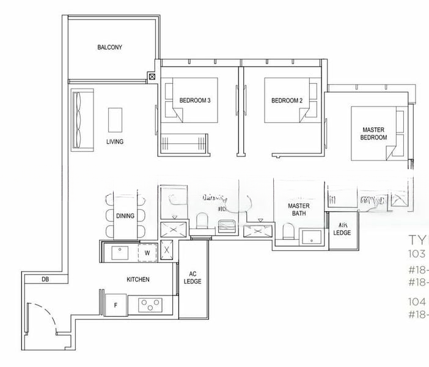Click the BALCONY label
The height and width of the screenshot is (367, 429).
tap(110, 47)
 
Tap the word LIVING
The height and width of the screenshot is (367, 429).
tap(114, 142)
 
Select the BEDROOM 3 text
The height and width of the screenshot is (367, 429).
tap(195, 100)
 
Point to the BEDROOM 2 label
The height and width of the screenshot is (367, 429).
tap(287, 100)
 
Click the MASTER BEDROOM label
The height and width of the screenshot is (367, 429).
tap(374, 134)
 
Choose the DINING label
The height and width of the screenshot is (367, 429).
tap(125, 216)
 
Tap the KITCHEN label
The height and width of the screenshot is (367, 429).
tap(138, 280)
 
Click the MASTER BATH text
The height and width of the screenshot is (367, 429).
tap(299, 210)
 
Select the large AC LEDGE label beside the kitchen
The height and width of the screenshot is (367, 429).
tap(193, 278)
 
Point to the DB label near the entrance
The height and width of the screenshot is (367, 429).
tap(45, 280)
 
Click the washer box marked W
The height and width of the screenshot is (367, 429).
tap(147, 251)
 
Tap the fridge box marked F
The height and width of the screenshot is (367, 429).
tap(116, 303)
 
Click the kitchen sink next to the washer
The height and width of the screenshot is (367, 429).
tap(119, 251)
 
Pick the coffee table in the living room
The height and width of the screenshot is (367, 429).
tap(115, 120)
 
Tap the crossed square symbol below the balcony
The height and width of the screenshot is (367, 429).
tap(152, 77)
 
